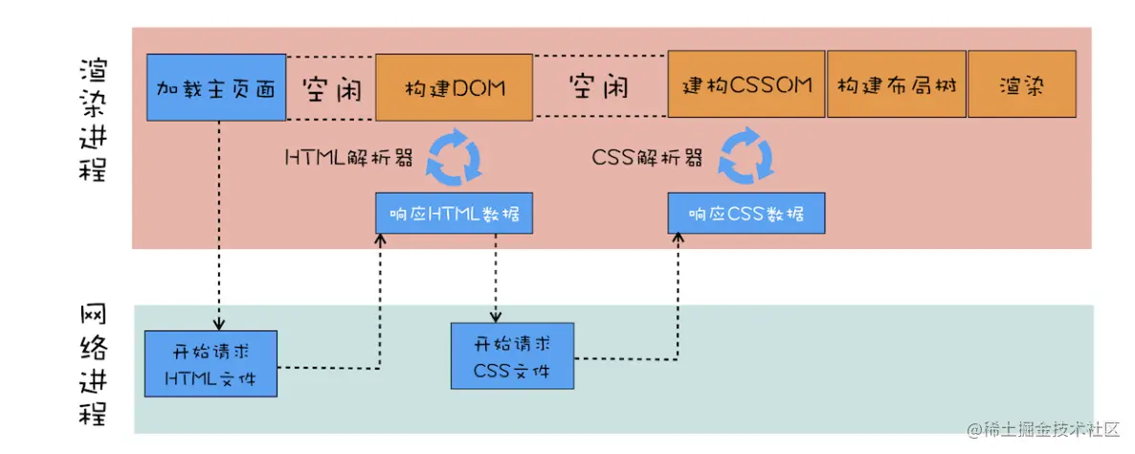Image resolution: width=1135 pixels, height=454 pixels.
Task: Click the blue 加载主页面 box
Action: point(216,88)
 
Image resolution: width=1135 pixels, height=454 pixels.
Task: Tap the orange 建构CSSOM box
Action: point(746,85)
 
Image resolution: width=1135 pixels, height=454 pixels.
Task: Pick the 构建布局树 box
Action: point(895,85)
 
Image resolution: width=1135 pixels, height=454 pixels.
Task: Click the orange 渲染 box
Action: point(1021,85)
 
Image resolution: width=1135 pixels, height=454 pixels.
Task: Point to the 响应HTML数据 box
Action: point(454,214)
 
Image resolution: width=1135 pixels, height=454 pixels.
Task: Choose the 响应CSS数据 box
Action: point(746,214)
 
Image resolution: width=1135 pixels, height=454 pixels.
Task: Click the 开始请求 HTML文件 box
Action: point(211,363)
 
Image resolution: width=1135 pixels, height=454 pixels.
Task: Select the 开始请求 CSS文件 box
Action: point(512,355)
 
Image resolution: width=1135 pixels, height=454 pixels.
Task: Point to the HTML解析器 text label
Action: point(350,158)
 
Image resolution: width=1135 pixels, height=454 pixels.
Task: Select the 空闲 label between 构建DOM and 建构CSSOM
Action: point(599,88)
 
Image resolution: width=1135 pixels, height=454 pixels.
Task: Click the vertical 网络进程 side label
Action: point(94,368)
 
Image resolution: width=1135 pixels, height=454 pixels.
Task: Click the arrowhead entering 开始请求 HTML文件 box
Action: point(219,325)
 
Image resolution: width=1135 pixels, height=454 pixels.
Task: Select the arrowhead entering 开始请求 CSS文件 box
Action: point(496,317)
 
